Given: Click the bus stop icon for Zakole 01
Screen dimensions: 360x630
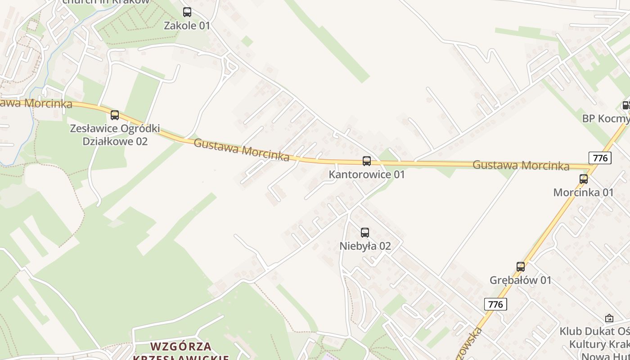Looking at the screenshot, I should click(187, 12).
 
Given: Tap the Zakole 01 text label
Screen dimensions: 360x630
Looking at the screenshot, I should click(187, 26).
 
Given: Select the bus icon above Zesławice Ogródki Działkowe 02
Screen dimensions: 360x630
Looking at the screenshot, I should click(115, 115).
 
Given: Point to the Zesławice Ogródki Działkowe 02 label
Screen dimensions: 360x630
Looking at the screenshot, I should click(115, 135).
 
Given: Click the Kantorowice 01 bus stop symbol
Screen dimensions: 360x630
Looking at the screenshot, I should click(367, 161).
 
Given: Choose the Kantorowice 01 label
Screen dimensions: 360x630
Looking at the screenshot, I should click(367, 174).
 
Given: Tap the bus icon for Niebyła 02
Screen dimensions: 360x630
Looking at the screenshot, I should click(365, 233).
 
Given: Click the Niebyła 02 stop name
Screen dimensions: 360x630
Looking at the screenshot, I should click(365, 246).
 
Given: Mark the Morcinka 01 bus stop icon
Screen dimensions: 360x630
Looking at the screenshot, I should click(584, 179).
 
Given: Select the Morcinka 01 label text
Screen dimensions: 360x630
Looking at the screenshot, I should click(583, 193).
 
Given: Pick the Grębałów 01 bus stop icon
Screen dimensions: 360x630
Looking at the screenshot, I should click(521, 267).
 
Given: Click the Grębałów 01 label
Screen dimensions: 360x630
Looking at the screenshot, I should click(520, 280).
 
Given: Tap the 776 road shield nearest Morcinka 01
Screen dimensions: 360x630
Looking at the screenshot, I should click(600, 158).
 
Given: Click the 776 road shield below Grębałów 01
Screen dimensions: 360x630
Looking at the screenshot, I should click(495, 304).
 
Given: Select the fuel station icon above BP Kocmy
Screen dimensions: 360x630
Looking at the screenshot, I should click(626, 106).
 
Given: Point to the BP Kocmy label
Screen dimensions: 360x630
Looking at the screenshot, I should click(606, 119).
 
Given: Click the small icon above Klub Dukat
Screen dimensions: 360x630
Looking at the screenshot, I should click(609, 318).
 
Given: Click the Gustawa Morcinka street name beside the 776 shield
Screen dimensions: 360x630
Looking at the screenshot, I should click(521, 166).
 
